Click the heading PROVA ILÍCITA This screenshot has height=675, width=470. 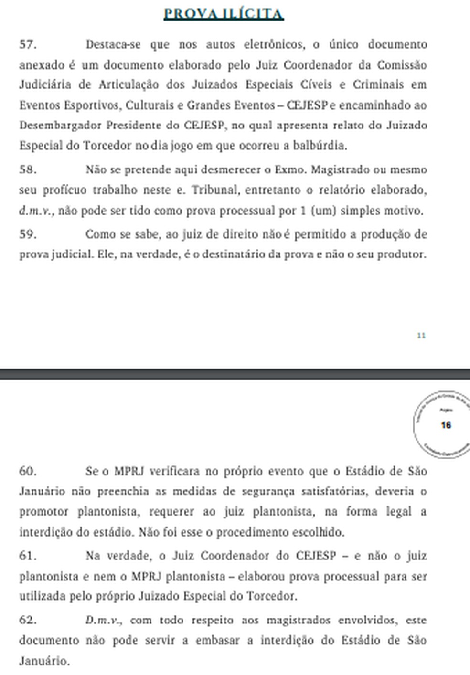[x=224, y=13]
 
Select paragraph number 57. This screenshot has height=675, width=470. [x=28, y=44]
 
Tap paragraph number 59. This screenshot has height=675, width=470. [x=28, y=234]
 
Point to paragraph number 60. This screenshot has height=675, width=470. [x=28, y=471]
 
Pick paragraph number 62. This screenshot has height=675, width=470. [x=28, y=620]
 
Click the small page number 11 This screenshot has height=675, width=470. [x=421, y=336]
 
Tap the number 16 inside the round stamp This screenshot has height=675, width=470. [x=446, y=425]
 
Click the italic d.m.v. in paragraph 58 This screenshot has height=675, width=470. [x=36, y=211]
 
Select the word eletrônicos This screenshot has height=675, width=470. [x=274, y=44]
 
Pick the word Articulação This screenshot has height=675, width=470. [x=128, y=85]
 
